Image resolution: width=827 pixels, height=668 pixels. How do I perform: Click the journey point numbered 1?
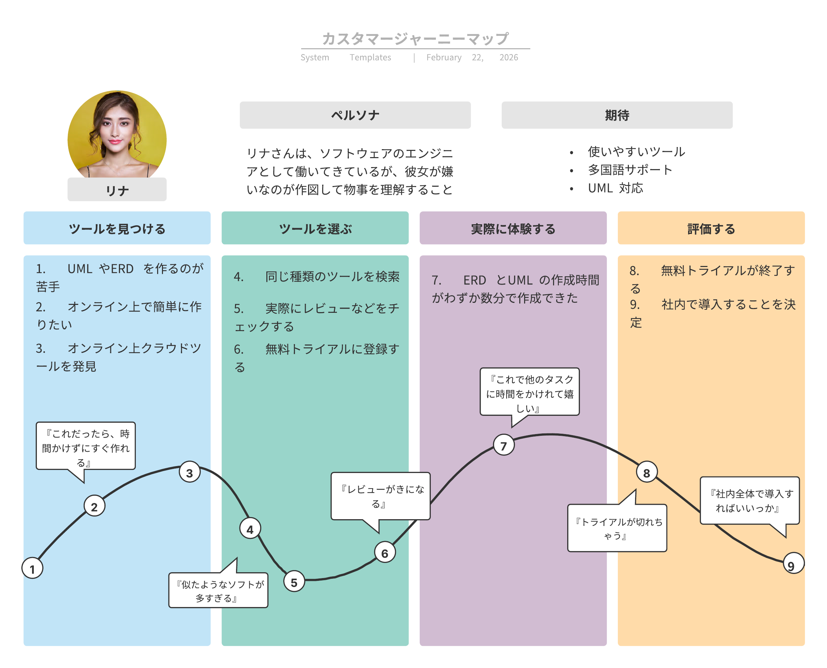coord(32,568)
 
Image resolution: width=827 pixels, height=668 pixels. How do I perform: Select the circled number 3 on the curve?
coord(189,473)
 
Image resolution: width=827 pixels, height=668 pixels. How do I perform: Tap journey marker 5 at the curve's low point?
coord(294,582)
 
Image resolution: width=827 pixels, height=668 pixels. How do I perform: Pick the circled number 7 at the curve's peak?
coord(503,445)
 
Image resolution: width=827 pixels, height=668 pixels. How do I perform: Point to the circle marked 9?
coord(793,563)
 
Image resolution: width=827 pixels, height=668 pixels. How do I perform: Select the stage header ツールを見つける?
coord(117,228)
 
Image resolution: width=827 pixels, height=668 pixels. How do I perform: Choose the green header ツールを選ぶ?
coord(315,228)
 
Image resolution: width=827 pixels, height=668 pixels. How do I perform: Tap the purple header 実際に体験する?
coord(513,228)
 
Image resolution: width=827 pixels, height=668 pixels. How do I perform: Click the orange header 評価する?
coord(711,228)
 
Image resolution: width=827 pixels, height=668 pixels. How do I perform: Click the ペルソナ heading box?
coord(355,115)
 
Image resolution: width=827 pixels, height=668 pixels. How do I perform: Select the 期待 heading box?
coord(616,115)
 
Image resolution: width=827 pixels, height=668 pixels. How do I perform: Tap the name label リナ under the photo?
coord(117,190)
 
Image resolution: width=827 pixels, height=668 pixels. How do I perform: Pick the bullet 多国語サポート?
coord(630,170)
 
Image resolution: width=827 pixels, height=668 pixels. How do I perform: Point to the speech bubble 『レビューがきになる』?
coord(380,496)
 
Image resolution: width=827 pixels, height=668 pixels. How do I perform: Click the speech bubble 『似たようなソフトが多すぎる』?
coord(218,590)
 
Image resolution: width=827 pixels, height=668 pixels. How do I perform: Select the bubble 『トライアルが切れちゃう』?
coord(617,528)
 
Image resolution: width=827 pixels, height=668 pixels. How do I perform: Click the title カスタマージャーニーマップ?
coord(415,39)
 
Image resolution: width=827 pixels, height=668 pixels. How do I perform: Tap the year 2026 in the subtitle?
coord(508,57)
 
